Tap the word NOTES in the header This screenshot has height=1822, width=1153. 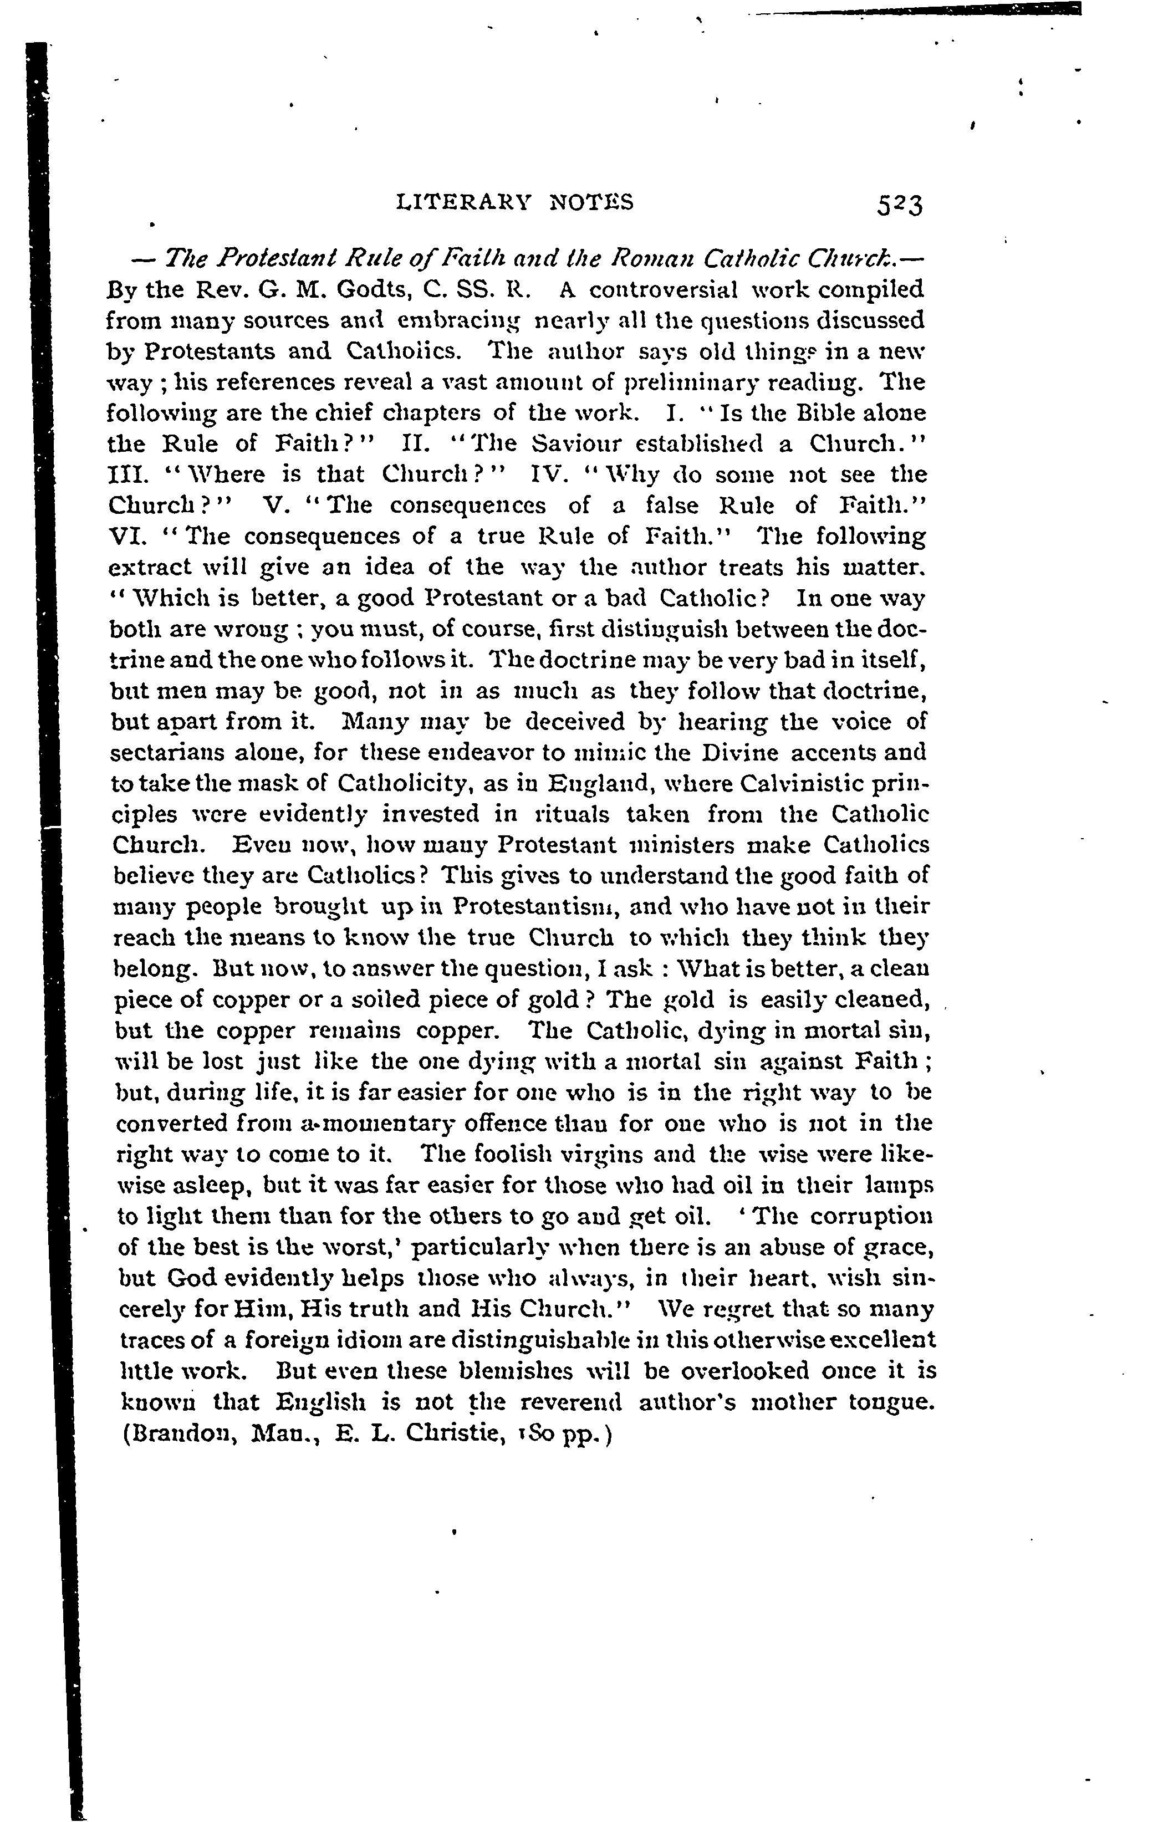tap(591, 202)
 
